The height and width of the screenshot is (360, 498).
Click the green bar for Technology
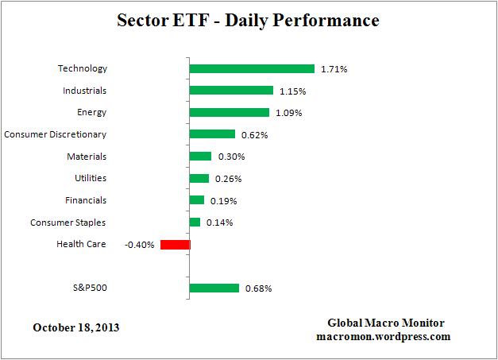[x=252, y=69]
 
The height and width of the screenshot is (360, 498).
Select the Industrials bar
[x=231, y=91]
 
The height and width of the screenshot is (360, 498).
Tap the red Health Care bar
[x=175, y=245]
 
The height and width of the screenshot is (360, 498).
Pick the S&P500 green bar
[x=214, y=288]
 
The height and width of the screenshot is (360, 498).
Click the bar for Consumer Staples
[x=195, y=223]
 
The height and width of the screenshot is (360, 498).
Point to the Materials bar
[x=200, y=157]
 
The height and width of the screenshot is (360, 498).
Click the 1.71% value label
[x=334, y=69]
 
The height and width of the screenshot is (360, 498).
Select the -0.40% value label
[x=139, y=245]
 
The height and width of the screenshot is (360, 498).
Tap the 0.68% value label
[x=258, y=288]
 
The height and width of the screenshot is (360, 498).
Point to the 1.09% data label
[x=288, y=113]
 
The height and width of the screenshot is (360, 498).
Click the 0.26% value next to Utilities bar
[x=228, y=179]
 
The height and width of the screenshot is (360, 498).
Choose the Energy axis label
[x=92, y=113]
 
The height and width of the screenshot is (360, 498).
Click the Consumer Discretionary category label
[x=55, y=134]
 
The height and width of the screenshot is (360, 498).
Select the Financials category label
[x=85, y=200]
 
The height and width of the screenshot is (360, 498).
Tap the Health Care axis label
[x=81, y=244]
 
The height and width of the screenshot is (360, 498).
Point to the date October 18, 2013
[x=77, y=327]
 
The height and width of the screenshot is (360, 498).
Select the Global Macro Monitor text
[x=386, y=323]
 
